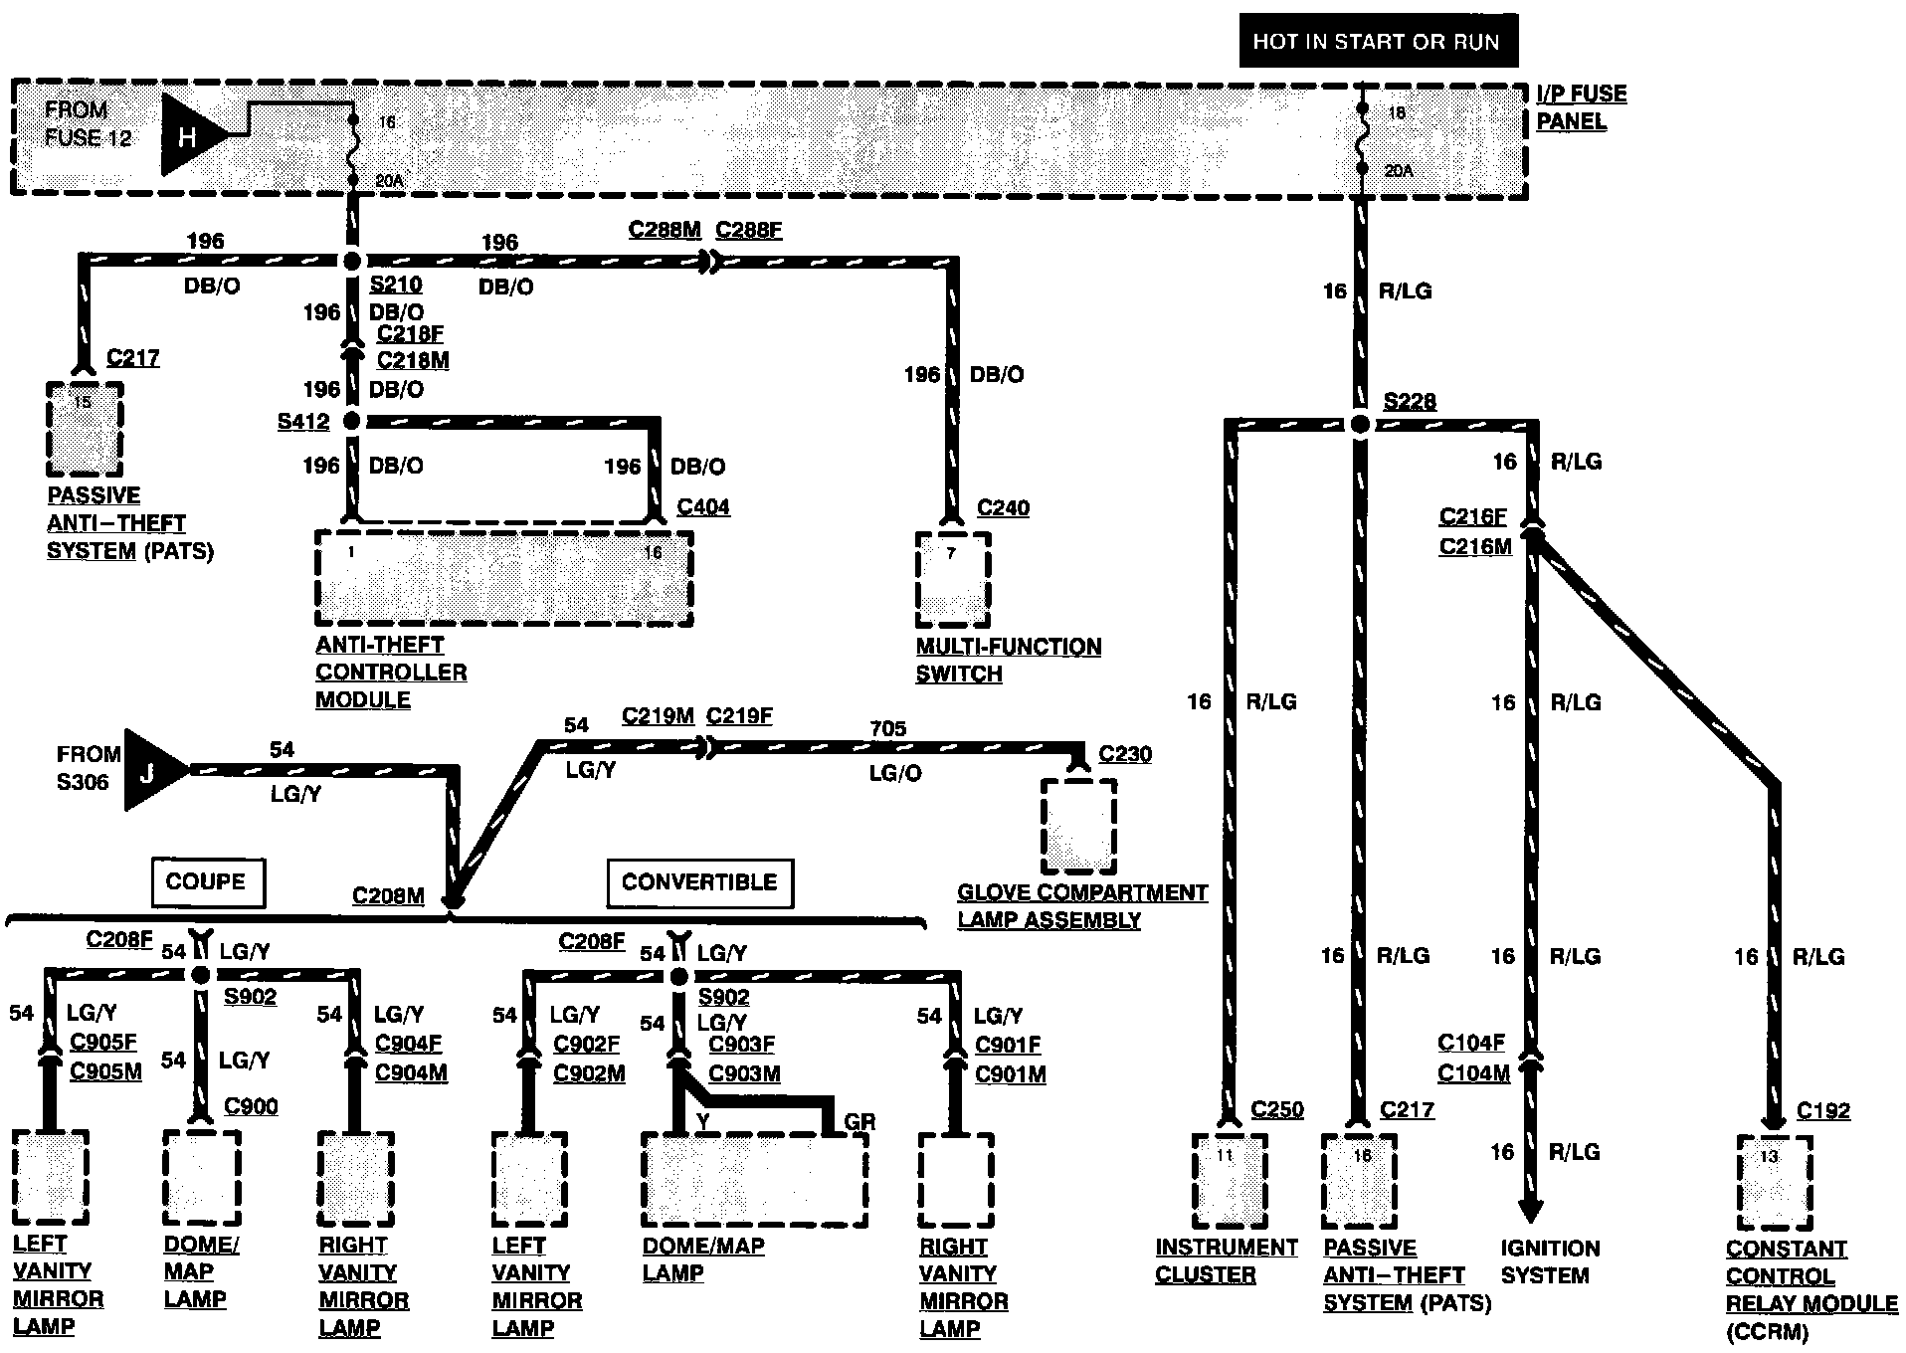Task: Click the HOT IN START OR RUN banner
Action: click(1377, 41)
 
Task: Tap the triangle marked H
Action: click(189, 134)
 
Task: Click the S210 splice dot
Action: click(351, 262)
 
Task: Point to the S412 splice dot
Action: click(351, 422)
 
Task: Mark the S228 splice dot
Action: click(1360, 425)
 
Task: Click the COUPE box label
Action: click(206, 882)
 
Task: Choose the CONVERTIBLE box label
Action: click(699, 882)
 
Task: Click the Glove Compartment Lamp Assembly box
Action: click(1078, 826)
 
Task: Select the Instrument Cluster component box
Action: click(1229, 1181)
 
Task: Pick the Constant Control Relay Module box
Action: click(1774, 1182)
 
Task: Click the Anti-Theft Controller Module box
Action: click(503, 579)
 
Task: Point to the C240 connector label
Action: click(1003, 508)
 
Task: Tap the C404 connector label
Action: click(703, 507)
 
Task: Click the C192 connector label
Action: click(1823, 1111)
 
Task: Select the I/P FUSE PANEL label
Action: click(1581, 107)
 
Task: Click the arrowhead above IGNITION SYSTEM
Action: click(1531, 1210)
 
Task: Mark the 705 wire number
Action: click(888, 729)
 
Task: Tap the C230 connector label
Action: click(1125, 754)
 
